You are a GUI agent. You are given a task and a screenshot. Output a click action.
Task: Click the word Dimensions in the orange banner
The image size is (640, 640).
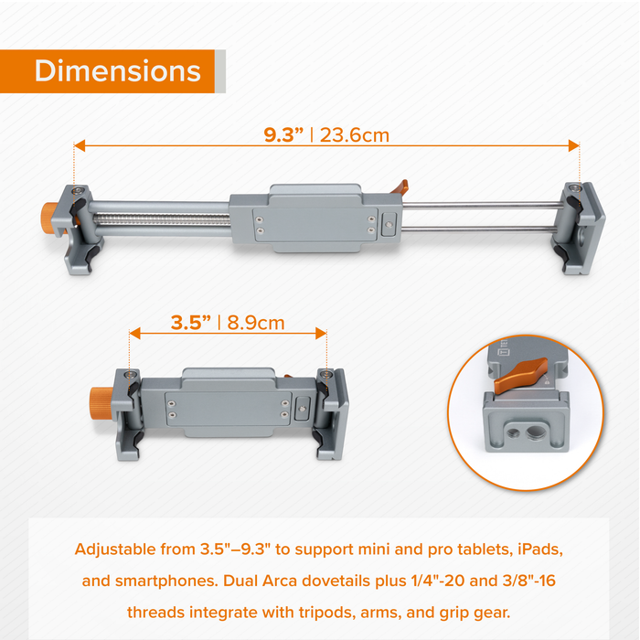click(x=118, y=71)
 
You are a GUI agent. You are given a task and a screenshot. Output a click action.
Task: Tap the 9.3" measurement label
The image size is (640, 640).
click(x=283, y=135)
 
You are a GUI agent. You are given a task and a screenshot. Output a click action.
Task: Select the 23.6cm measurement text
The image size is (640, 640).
click(x=355, y=135)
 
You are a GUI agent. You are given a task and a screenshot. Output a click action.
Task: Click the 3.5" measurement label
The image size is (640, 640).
click(x=191, y=323)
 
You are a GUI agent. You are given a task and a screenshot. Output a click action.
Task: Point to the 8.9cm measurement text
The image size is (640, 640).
click(x=255, y=323)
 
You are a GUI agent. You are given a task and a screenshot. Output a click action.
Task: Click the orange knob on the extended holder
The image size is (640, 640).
click(x=50, y=219)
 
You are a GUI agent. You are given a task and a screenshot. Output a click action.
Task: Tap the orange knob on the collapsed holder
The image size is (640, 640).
click(x=101, y=404)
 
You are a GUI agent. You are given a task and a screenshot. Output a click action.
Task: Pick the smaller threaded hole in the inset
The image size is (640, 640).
click(x=513, y=432)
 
